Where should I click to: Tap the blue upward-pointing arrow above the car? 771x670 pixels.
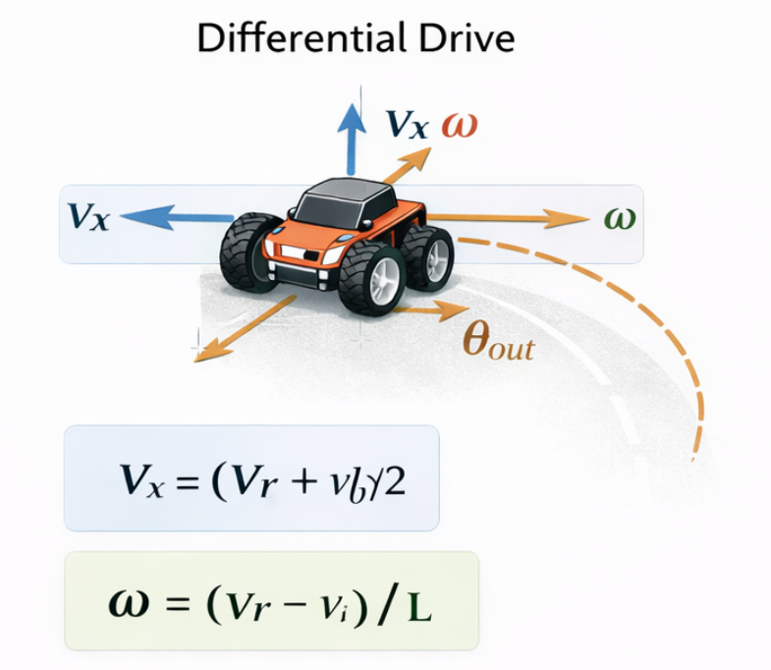(348, 137)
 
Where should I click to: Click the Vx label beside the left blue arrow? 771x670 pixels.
(87, 217)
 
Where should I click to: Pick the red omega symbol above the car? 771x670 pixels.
(460, 125)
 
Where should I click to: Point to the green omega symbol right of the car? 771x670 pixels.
(620, 217)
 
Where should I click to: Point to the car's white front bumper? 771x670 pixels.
(301, 261)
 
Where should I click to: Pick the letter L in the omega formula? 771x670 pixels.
(419, 607)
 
